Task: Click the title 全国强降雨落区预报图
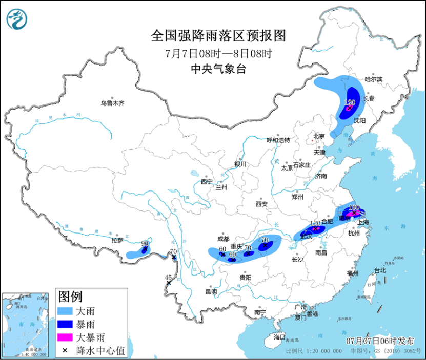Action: click(218, 35)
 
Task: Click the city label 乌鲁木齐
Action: click(112, 103)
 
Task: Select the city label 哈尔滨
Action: click(373, 79)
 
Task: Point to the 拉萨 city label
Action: click(117, 240)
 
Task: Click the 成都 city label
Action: click(223, 239)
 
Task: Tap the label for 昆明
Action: click(211, 292)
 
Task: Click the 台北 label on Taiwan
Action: click(379, 270)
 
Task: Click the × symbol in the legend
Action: click(65, 350)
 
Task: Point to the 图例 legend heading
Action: click(70, 297)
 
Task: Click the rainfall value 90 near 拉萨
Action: click(145, 243)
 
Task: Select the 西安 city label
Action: click(261, 204)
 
